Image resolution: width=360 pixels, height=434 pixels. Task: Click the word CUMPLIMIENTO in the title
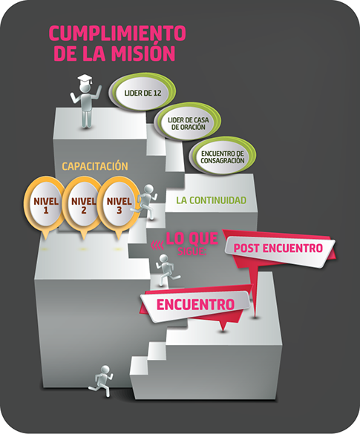(x=117, y=33)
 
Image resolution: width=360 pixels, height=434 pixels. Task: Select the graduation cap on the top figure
(x=85, y=79)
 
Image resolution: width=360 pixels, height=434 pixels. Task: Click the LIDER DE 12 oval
(x=142, y=92)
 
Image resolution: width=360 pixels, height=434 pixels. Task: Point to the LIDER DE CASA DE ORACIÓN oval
(x=188, y=122)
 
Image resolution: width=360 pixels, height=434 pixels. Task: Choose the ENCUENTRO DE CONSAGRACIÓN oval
(x=222, y=156)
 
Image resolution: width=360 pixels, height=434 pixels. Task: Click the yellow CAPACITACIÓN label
(x=95, y=166)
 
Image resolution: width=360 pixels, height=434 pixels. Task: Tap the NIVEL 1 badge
(x=45, y=206)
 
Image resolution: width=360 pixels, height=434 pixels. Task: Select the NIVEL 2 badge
(x=83, y=206)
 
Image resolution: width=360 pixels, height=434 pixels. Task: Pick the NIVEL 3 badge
(x=119, y=206)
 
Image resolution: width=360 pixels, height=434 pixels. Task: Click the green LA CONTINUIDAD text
(x=211, y=200)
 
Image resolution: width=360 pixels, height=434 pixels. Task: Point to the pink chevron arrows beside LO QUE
(x=157, y=244)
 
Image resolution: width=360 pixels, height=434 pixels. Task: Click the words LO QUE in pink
(x=192, y=239)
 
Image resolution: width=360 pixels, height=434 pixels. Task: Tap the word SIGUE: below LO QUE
(x=192, y=251)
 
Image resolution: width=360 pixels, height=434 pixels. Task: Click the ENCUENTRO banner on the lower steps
(x=195, y=304)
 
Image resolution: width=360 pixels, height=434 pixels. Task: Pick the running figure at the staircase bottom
(x=102, y=381)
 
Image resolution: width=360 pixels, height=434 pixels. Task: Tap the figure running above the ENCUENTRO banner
(x=167, y=270)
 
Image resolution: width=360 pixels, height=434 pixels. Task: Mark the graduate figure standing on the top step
(x=86, y=102)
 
